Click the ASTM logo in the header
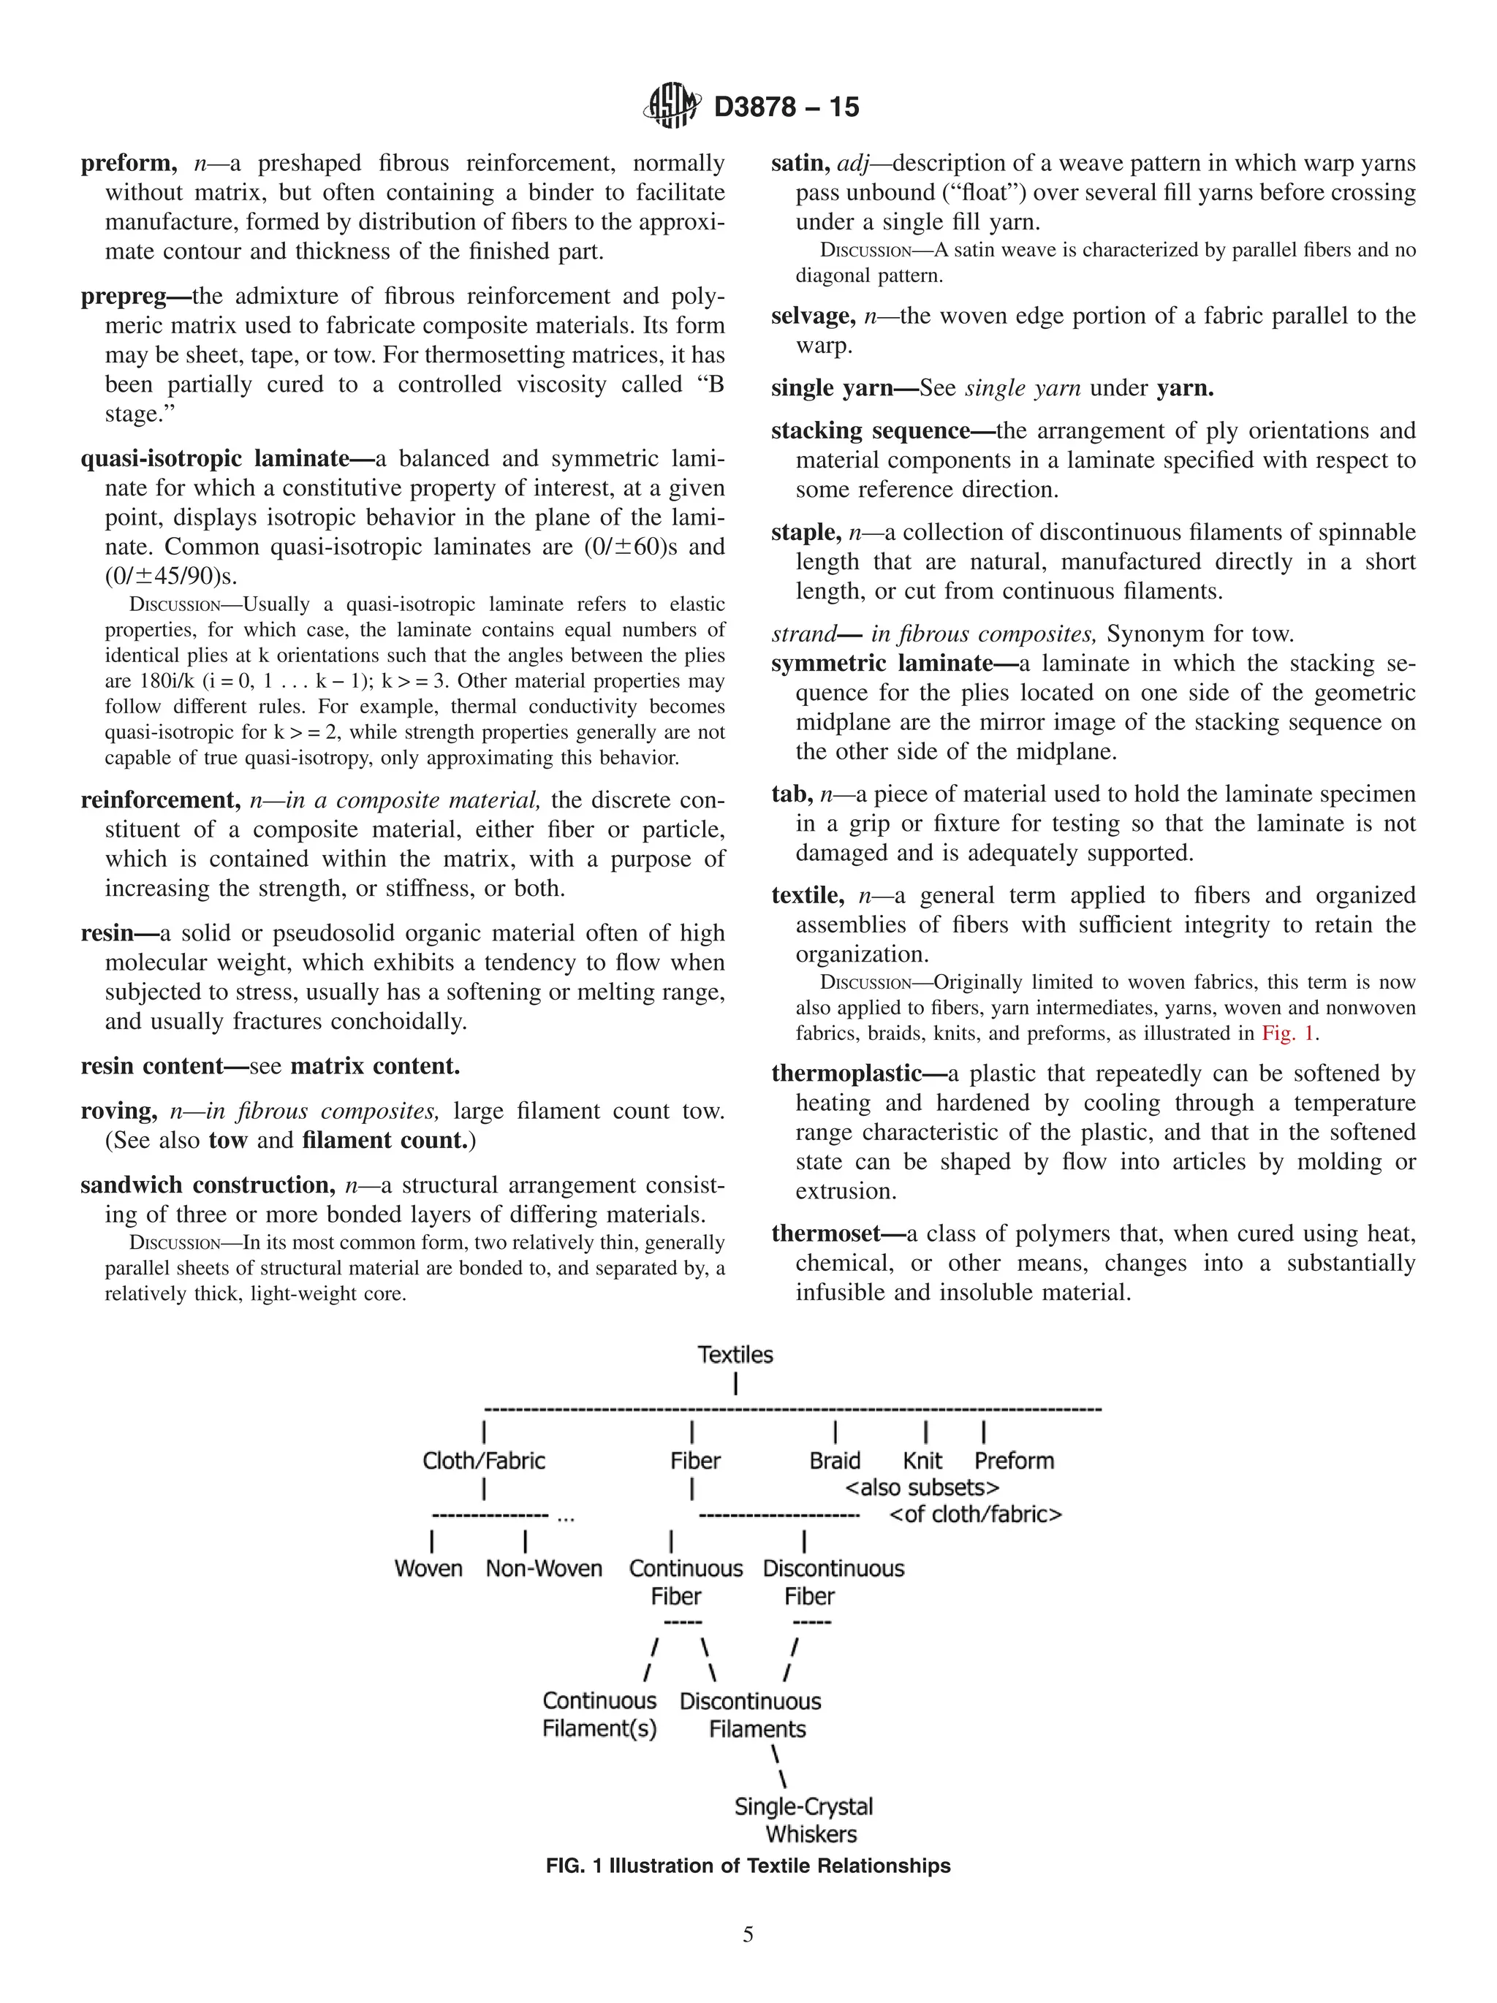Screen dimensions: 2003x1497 tap(671, 106)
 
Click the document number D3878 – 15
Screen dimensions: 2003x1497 tap(786, 107)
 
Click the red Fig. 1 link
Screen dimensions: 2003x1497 tap(1288, 1033)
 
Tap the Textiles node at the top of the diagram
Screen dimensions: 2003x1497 tap(735, 1355)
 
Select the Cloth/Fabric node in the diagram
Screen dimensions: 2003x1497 tap(484, 1461)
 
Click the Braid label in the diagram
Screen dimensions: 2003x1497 tap(834, 1461)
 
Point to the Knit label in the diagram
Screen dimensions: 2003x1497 tap(922, 1461)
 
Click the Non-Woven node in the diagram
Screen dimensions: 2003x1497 tap(543, 1568)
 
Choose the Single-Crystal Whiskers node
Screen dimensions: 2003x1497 tap(804, 1820)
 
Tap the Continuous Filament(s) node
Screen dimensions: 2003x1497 tap(599, 1715)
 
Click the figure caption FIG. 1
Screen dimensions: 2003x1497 tap(748, 1866)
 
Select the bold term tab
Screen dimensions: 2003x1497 tap(791, 795)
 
